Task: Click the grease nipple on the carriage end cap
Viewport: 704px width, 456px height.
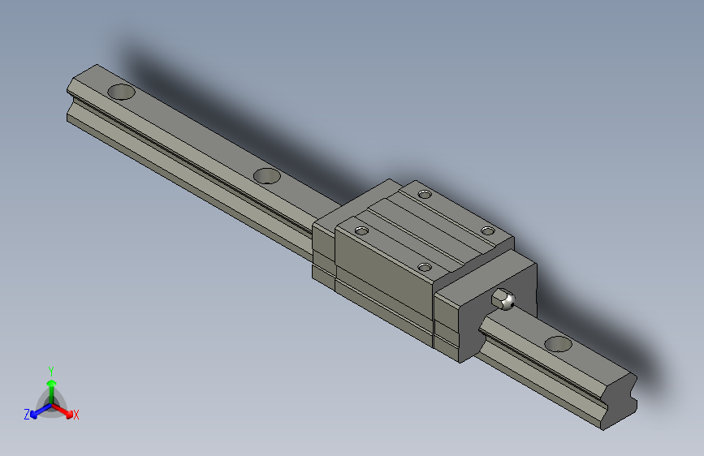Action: pyautogui.click(x=505, y=299)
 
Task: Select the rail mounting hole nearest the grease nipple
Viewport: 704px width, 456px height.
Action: pyautogui.click(x=558, y=343)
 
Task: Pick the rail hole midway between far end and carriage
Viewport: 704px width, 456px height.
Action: pyautogui.click(x=266, y=175)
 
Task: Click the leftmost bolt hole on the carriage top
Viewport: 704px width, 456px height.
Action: pyautogui.click(x=361, y=231)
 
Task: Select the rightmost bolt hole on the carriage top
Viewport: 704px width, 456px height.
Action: pyautogui.click(x=487, y=231)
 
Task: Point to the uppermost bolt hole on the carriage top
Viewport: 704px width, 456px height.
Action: pyautogui.click(x=425, y=193)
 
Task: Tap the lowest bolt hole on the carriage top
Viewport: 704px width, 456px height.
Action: pyautogui.click(x=423, y=266)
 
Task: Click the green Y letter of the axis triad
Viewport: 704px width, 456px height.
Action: pyautogui.click(x=50, y=369)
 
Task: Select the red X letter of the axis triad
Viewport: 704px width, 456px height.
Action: pyautogui.click(x=76, y=415)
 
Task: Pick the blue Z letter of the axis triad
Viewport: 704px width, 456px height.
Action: pyautogui.click(x=26, y=415)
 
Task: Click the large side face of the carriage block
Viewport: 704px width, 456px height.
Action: pyautogui.click(x=385, y=280)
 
